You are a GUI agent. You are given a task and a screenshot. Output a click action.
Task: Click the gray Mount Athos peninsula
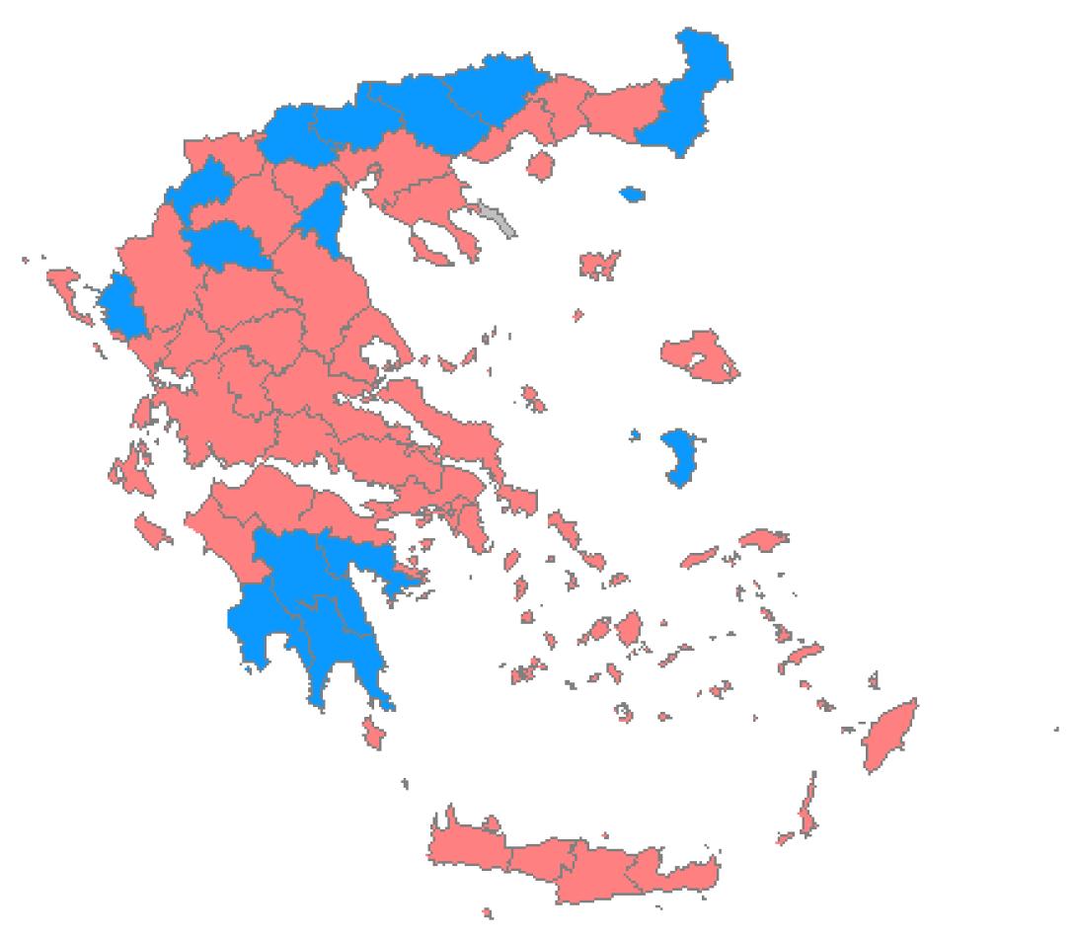[x=498, y=218]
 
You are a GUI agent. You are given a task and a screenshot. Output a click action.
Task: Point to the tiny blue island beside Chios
[x=635, y=434]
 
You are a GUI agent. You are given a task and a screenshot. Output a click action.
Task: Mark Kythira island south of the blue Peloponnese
[x=373, y=732]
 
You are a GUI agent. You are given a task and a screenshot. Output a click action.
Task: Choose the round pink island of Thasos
[x=542, y=163]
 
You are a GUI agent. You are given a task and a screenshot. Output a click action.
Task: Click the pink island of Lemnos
[x=599, y=264]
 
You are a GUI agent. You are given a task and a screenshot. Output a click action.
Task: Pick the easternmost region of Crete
[x=686, y=873]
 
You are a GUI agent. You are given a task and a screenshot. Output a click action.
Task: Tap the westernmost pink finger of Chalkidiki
[x=431, y=245]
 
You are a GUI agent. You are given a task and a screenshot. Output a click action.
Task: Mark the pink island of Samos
[x=763, y=539]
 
